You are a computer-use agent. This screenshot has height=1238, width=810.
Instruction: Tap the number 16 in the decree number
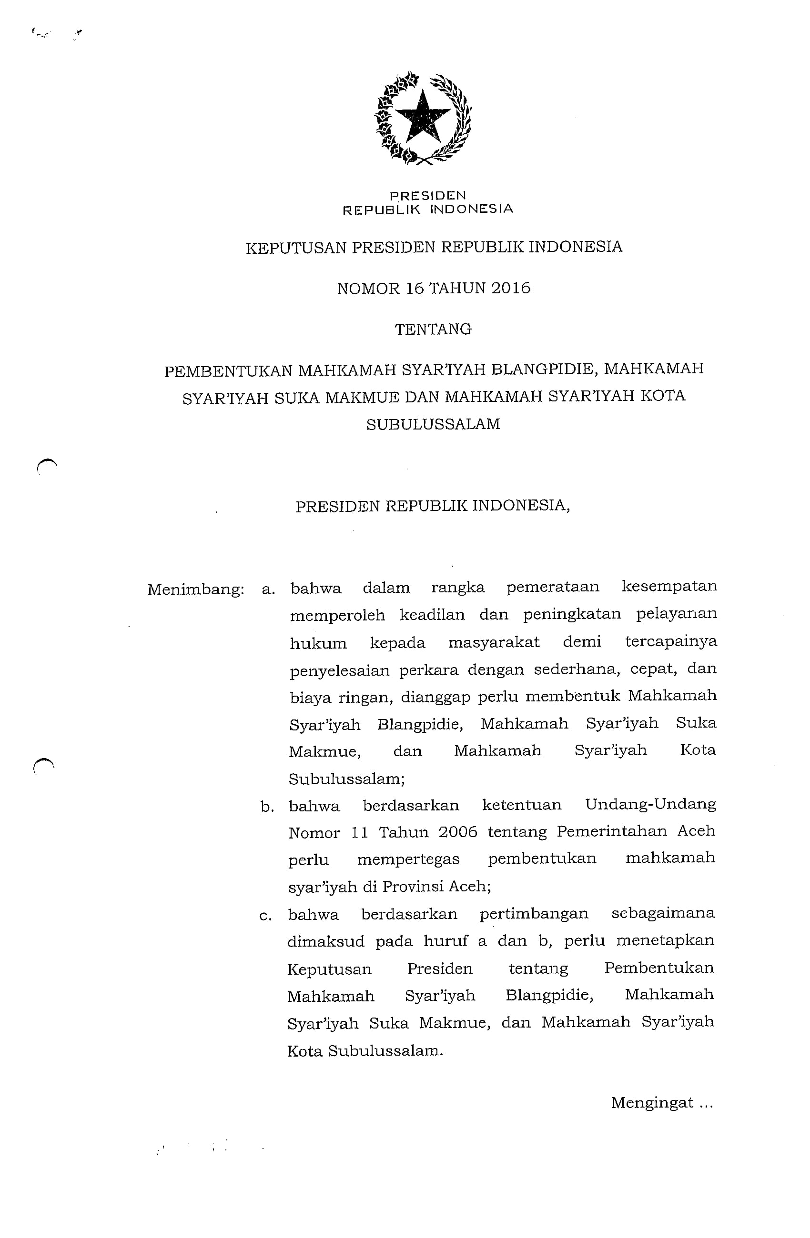point(415,288)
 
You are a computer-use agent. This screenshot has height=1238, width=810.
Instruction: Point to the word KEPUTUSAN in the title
point(296,247)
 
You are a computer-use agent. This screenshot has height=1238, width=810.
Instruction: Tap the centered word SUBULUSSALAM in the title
point(433,424)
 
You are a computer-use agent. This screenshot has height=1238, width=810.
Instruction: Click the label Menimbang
point(195,590)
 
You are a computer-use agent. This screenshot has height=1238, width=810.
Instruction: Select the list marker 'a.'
point(268,590)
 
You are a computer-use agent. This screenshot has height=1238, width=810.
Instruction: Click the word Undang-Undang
point(650,805)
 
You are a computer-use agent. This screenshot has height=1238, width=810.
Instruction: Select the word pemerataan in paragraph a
point(552,587)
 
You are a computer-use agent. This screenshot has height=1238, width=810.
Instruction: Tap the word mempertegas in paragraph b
point(408,859)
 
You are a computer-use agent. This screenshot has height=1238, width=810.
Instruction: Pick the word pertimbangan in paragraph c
point(534,914)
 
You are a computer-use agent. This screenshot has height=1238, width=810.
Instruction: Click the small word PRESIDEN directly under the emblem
point(428,196)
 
